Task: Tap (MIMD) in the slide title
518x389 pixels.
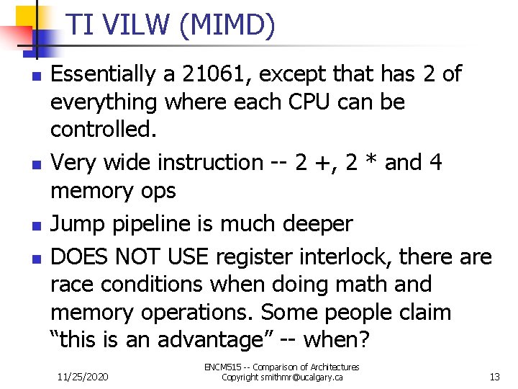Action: click(x=228, y=26)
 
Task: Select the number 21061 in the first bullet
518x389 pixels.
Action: click(x=214, y=73)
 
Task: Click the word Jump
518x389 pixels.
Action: click(x=78, y=223)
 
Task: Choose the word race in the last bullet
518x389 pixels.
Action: click(x=74, y=285)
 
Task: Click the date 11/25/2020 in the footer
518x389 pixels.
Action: click(x=82, y=377)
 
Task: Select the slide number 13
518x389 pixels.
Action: click(x=494, y=377)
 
